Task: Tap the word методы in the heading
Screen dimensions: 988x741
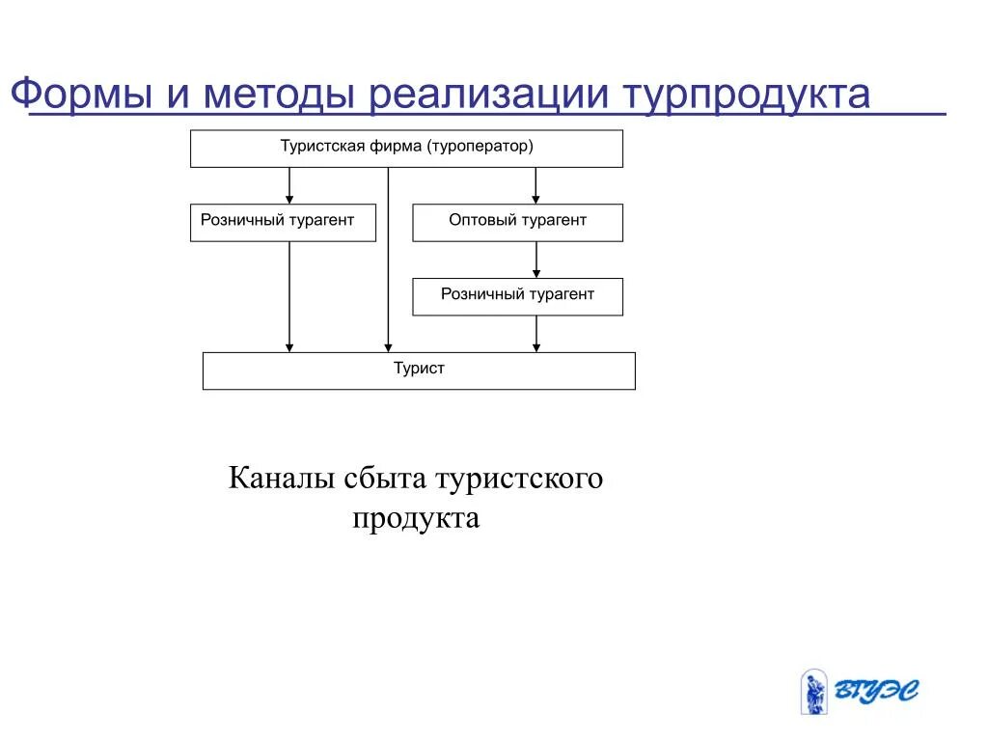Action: pos(272,95)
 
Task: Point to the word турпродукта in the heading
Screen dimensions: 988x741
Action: pos(746,95)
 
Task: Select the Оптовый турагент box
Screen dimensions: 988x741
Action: pos(517,222)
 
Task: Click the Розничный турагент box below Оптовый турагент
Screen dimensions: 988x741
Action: pos(517,296)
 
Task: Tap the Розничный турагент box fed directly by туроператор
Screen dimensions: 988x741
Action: pos(282,222)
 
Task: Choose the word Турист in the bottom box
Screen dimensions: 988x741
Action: pos(419,370)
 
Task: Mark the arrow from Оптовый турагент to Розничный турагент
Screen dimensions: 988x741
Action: pos(536,260)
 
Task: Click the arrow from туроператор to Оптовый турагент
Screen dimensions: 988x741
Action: pos(536,185)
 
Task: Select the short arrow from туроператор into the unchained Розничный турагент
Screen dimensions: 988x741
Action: pos(289,185)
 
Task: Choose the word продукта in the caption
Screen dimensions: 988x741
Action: pos(416,518)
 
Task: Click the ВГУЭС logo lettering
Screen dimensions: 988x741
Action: pos(876,692)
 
